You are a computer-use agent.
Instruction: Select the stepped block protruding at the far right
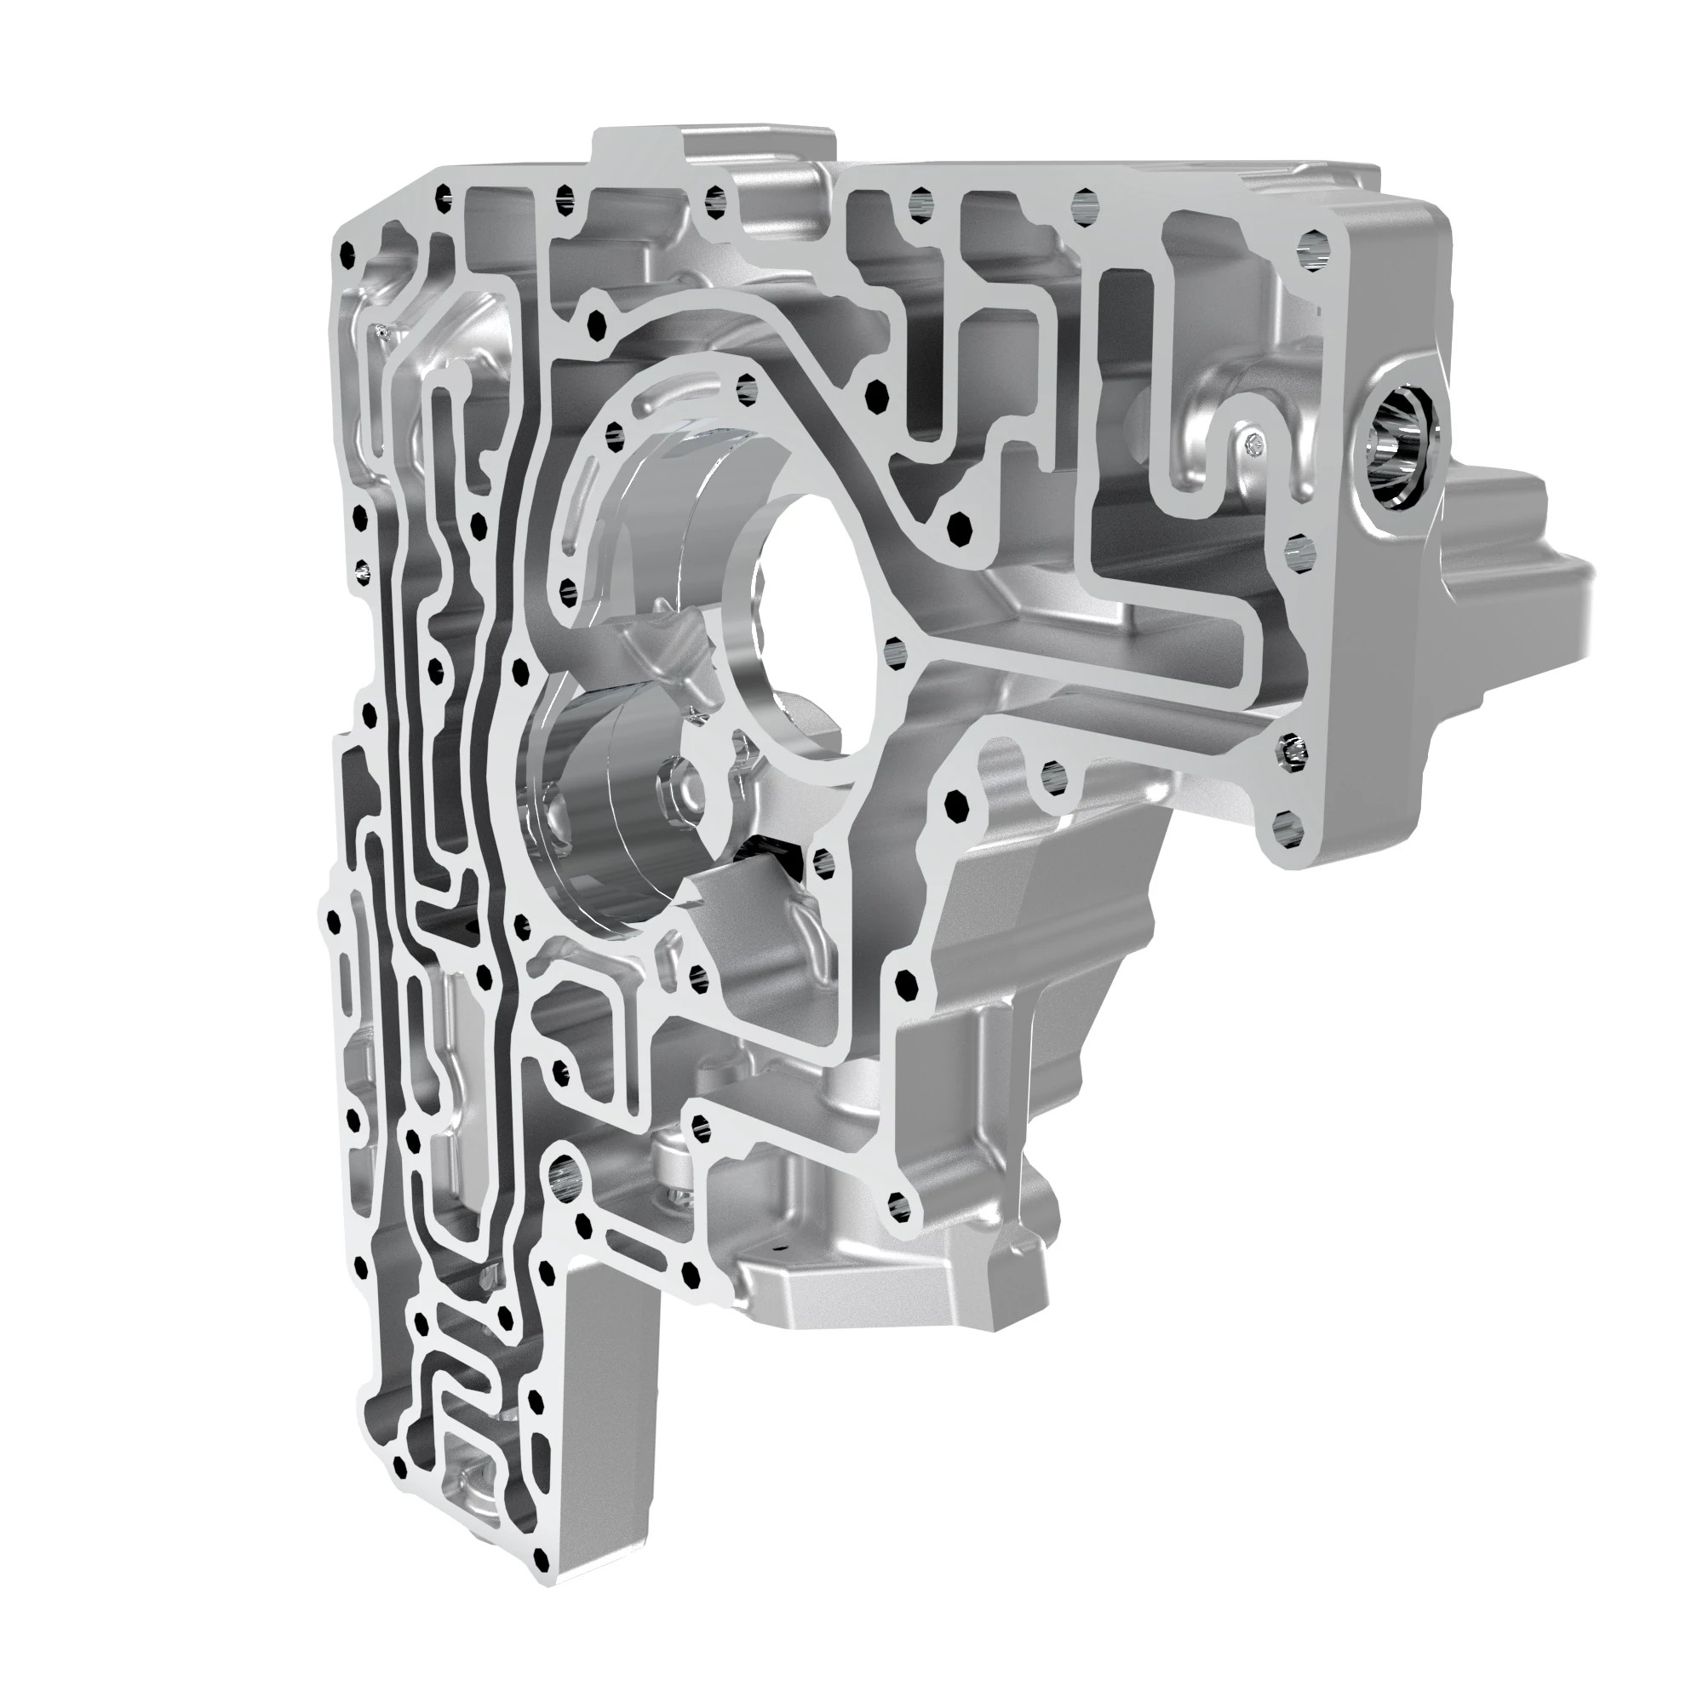point(1499,565)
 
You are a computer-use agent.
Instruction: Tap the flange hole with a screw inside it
point(1287,752)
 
